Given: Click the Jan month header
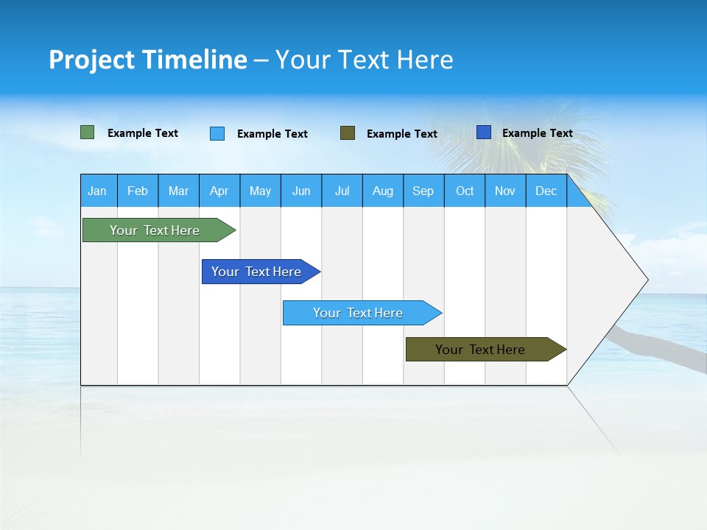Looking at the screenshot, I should pyautogui.click(x=98, y=191).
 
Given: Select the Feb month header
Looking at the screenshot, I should pyautogui.click(x=138, y=191).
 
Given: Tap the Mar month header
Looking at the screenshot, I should pyautogui.click(x=178, y=191).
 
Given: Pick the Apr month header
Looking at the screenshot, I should pyautogui.click(x=219, y=191).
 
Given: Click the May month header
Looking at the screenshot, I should pyautogui.click(x=260, y=191).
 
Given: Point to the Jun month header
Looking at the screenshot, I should pyautogui.click(x=301, y=191).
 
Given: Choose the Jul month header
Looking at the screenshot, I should pyautogui.click(x=342, y=191).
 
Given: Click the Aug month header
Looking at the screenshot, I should pyautogui.click(x=383, y=191).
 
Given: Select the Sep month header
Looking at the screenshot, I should pyautogui.click(x=423, y=191).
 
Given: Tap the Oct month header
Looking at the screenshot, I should pyautogui.click(x=465, y=191).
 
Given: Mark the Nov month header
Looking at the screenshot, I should pyautogui.click(x=505, y=191).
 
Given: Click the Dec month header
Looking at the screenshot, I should pyautogui.click(x=546, y=191).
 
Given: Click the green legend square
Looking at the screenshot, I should pyautogui.click(x=88, y=132).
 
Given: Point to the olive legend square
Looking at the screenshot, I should pyautogui.click(x=348, y=132).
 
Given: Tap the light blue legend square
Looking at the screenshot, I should pyautogui.click(x=217, y=133).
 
